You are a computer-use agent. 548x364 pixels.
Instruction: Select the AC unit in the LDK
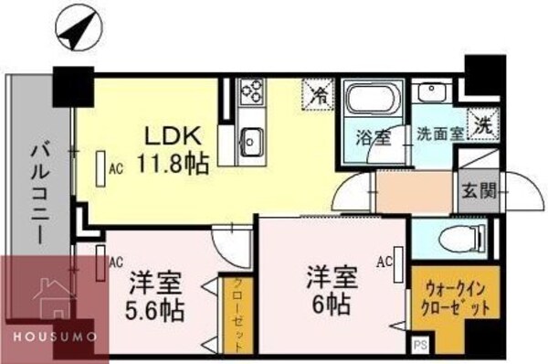(101, 168)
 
